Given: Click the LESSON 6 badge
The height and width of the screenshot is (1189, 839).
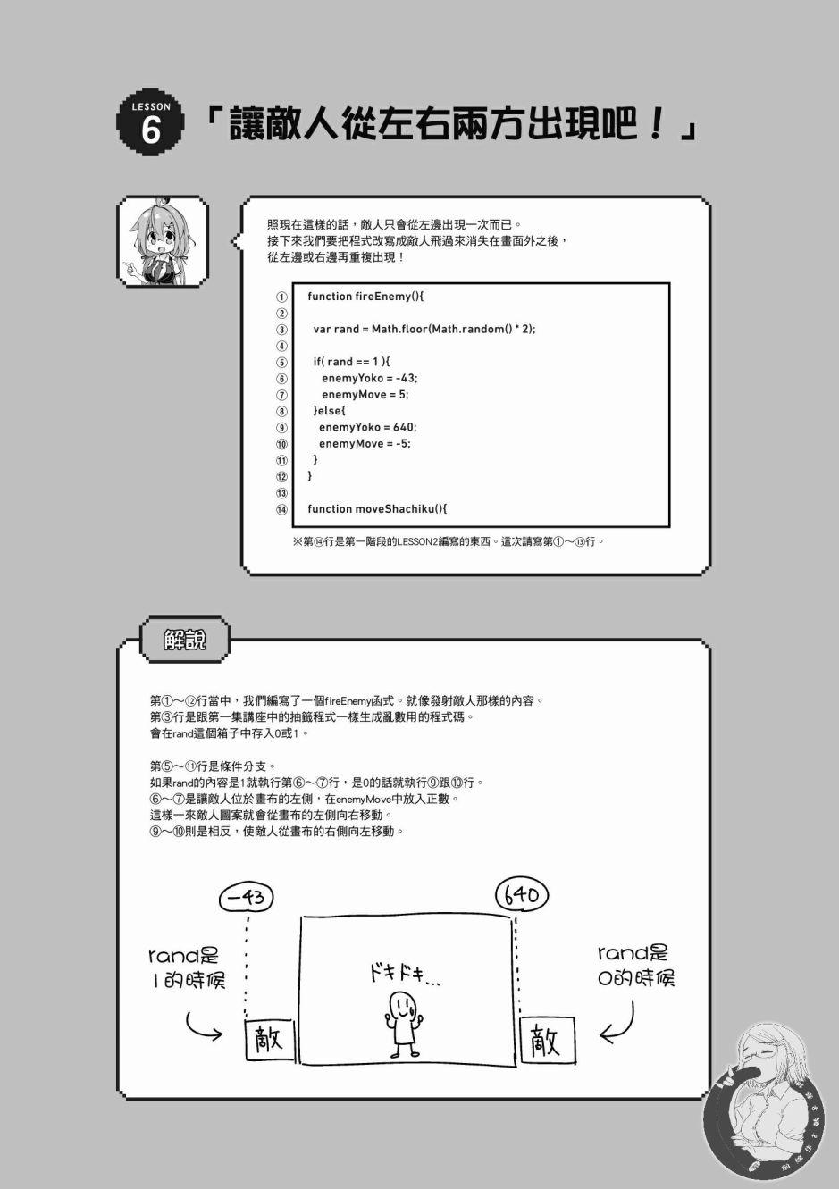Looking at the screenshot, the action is coord(151,122).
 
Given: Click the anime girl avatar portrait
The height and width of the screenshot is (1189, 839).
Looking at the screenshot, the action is coord(163,241).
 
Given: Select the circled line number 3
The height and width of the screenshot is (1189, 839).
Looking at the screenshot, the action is coord(281,330).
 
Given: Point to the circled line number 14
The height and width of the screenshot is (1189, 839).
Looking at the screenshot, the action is coord(281,509).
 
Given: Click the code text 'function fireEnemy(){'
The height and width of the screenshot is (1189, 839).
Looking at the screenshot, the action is coord(365,297).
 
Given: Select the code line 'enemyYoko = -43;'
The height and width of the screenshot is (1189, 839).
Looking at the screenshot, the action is coord(370,378).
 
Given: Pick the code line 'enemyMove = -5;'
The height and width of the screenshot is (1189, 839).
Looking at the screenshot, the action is coord(365,443).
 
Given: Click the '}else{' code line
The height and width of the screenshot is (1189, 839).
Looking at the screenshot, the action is coord(329,410).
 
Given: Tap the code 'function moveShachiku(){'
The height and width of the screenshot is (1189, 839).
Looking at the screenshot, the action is coord(378,508).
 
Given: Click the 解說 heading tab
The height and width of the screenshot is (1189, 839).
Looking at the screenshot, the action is coord(185,640).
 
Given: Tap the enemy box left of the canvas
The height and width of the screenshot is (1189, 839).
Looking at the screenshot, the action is coord(270,1039).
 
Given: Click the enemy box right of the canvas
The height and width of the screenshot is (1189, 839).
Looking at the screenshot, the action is coord(548,1040).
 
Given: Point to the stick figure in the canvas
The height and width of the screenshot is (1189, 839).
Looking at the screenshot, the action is coord(404,1025).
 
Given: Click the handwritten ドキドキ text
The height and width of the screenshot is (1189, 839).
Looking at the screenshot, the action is coord(405,975).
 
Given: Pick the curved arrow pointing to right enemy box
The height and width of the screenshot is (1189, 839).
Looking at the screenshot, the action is coord(618,1022).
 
